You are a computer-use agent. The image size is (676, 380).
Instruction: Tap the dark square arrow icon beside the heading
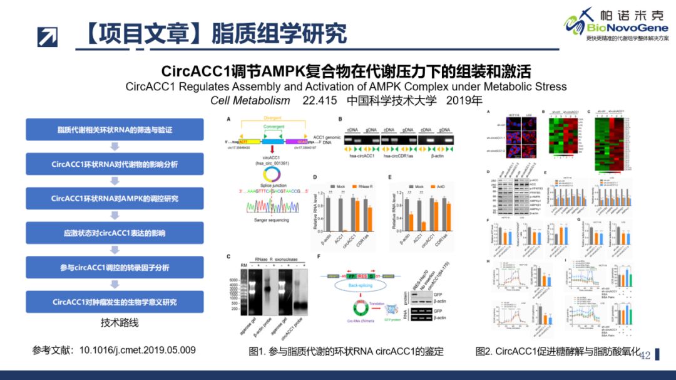[47, 36]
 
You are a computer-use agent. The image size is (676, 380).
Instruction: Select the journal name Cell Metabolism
[250, 100]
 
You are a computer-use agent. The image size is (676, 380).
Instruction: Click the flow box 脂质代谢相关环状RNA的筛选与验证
[115, 130]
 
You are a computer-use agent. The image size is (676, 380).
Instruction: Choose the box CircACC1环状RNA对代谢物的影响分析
[115, 164]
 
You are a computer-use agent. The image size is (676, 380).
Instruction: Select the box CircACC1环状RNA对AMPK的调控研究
[115, 198]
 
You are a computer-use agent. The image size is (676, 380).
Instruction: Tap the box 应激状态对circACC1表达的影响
[115, 233]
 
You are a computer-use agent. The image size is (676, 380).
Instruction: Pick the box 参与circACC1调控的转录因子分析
[115, 267]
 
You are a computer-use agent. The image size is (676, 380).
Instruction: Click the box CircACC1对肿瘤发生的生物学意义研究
[115, 302]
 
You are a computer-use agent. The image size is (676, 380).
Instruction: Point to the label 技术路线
[120, 323]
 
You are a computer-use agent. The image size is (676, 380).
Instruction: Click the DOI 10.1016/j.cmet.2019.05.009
[137, 350]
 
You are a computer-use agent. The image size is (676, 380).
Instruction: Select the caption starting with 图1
[346, 351]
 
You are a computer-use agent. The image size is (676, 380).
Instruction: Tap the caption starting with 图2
[558, 351]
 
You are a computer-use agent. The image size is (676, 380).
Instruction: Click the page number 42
[645, 355]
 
